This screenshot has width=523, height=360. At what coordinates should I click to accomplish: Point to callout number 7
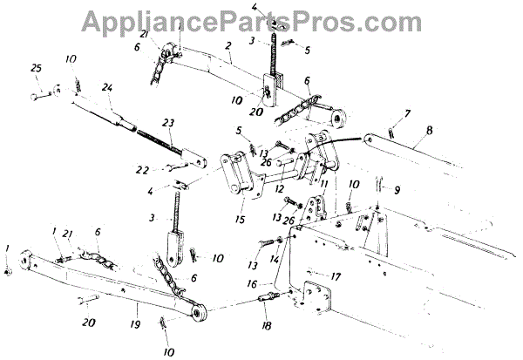[x=407, y=113]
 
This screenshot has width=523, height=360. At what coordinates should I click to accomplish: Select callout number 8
[x=428, y=132]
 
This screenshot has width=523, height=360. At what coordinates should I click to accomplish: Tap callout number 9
[x=397, y=189]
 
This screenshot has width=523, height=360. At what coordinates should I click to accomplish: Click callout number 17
[x=336, y=276]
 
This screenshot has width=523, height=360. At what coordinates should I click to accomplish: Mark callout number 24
[x=108, y=87]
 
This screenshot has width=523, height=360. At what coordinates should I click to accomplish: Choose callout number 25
[x=36, y=68]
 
